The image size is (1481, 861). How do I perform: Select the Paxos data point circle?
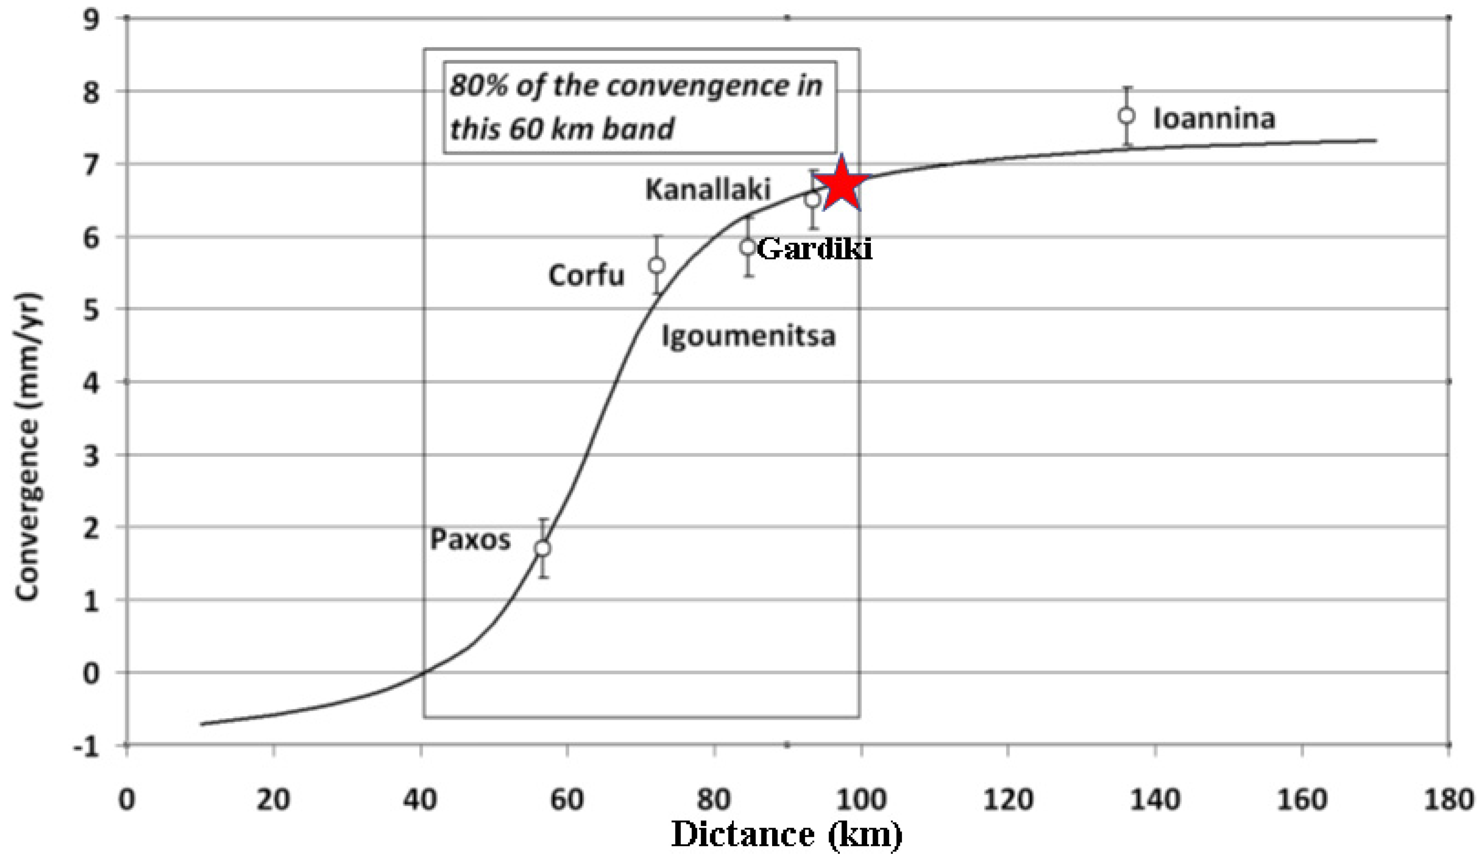(x=543, y=548)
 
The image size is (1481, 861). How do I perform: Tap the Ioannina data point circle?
(x=1127, y=116)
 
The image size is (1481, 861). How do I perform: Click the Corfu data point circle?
(x=657, y=265)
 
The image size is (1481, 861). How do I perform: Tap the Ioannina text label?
(x=1214, y=119)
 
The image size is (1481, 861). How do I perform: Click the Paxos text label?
(x=470, y=540)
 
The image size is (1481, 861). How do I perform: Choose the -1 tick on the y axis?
(x=85, y=746)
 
